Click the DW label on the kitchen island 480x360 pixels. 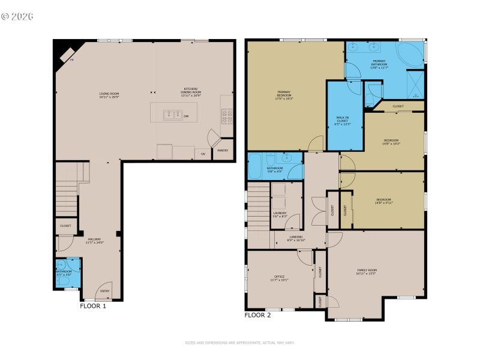(186, 116)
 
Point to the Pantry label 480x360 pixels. (223, 150)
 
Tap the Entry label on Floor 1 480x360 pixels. (105, 291)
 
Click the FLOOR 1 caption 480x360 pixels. (93, 306)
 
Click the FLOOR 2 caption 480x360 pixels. (258, 314)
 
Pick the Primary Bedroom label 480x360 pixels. (284, 95)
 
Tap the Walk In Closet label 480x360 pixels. (342, 121)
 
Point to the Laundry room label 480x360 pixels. (280, 214)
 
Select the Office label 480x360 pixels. (279, 278)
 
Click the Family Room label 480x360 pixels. (367, 272)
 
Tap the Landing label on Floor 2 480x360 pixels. (296, 238)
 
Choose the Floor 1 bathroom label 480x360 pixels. (64, 273)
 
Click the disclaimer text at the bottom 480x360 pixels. (240, 343)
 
